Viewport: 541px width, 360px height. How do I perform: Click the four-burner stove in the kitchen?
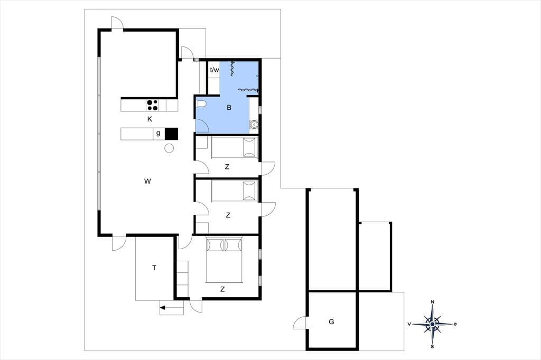[153, 105]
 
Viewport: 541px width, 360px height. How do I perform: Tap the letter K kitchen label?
[150, 119]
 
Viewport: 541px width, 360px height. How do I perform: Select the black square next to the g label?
[171, 134]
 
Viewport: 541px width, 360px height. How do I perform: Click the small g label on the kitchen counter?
[158, 133]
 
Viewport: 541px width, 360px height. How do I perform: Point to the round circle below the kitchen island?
[169, 148]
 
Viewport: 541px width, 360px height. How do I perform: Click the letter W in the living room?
[147, 181]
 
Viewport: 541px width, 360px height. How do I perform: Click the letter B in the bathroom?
[229, 108]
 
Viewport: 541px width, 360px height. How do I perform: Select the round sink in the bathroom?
[254, 124]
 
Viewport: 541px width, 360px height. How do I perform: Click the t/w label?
[214, 70]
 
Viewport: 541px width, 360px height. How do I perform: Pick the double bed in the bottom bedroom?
[224, 260]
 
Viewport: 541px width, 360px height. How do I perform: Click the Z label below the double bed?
[222, 289]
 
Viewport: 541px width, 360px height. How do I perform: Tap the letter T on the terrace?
[154, 268]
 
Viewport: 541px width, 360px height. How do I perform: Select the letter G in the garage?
[332, 321]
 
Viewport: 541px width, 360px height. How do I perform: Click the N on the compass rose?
[433, 302]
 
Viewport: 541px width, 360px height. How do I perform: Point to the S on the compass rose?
[432, 347]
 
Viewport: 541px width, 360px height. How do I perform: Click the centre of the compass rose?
[432, 324]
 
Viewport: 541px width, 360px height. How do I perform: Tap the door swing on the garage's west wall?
[299, 322]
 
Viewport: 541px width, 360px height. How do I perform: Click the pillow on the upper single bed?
[249, 147]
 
